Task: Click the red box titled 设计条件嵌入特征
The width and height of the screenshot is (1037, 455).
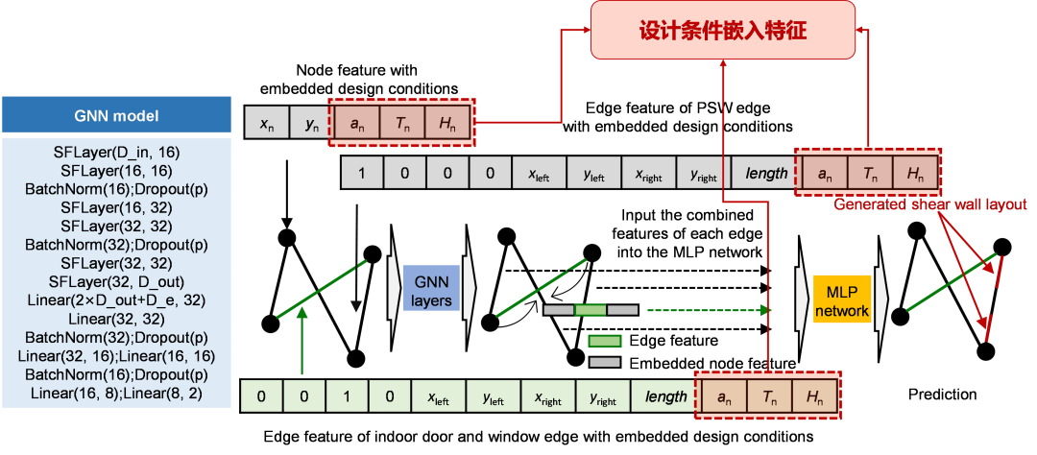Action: tap(722, 31)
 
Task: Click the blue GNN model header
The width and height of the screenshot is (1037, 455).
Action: tap(116, 117)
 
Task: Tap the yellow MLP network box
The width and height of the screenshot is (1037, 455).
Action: tap(840, 300)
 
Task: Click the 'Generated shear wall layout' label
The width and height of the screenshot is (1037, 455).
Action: tap(930, 204)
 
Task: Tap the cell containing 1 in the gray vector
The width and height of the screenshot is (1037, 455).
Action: tap(362, 174)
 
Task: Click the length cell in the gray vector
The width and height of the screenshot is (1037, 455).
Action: tap(765, 174)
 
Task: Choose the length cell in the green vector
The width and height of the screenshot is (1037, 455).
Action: tap(665, 395)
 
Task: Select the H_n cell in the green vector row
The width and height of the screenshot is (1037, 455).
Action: tap(814, 395)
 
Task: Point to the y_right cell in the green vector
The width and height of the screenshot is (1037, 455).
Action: tap(603, 395)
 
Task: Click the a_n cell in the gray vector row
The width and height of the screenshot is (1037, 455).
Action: tap(824, 174)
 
